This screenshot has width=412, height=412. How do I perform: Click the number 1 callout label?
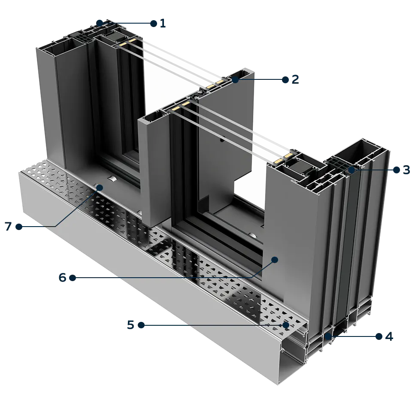(159, 23)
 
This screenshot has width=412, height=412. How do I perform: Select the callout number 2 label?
(290, 80)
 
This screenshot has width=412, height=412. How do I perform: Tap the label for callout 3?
(401, 170)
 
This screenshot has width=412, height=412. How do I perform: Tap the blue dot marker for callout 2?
(236, 80)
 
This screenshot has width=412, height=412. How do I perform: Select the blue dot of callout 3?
(351, 170)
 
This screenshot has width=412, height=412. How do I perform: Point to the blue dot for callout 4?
(329, 336)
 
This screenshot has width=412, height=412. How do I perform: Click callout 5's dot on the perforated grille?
(285, 325)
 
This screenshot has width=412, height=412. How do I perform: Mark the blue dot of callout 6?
(275, 259)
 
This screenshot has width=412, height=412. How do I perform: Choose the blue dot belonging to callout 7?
(99, 187)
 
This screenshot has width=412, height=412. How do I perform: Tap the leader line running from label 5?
(215, 325)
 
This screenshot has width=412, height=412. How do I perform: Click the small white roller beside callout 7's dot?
(112, 179)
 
